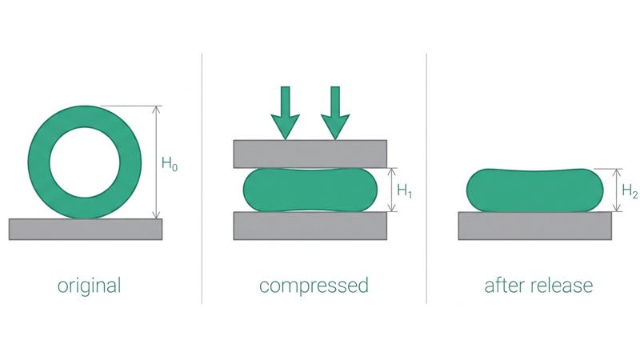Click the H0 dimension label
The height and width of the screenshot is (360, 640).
[170, 164]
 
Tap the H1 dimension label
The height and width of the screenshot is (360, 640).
[405, 191]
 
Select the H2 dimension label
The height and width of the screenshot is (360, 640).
[630, 191]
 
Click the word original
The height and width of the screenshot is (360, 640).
[89, 286]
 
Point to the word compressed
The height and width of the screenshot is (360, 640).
[314, 286]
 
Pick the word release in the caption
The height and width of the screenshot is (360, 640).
[562, 285]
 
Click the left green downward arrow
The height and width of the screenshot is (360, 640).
[286, 113]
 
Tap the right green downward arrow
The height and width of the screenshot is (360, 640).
[335, 113]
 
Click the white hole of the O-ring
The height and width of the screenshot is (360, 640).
[85, 162]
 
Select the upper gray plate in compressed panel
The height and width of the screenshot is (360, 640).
[310, 154]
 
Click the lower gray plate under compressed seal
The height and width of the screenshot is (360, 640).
[310, 226]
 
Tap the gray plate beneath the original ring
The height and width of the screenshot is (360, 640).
[86, 229]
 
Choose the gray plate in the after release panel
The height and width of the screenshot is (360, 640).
[534, 226]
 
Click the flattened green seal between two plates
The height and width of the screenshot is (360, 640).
[310, 190]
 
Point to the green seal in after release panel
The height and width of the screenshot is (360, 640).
[534, 190]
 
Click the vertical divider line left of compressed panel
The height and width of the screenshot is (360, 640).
[202, 178]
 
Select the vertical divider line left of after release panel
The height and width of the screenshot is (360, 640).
[426, 178]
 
